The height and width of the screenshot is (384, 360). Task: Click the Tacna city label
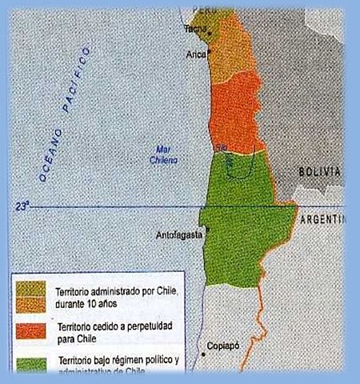tap(195, 29)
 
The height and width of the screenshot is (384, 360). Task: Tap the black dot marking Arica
tap(209, 53)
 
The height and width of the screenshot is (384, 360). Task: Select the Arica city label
tap(196, 54)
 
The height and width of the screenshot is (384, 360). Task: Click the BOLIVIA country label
tap(320, 172)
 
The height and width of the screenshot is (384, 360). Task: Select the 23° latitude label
tap(21, 206)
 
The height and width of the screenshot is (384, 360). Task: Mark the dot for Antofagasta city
tap(207, 230)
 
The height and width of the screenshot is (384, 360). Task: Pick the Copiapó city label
tap(223, 346)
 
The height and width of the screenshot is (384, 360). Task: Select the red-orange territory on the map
tap(236, 112)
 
